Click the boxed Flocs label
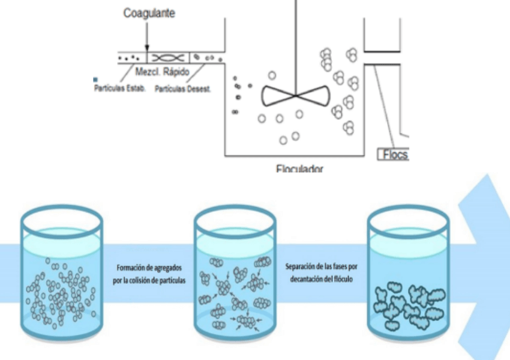click(394, 155)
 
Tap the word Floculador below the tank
click(299, 170)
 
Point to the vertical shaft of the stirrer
click(295, 42)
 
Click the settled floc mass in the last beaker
click(408, 302)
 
